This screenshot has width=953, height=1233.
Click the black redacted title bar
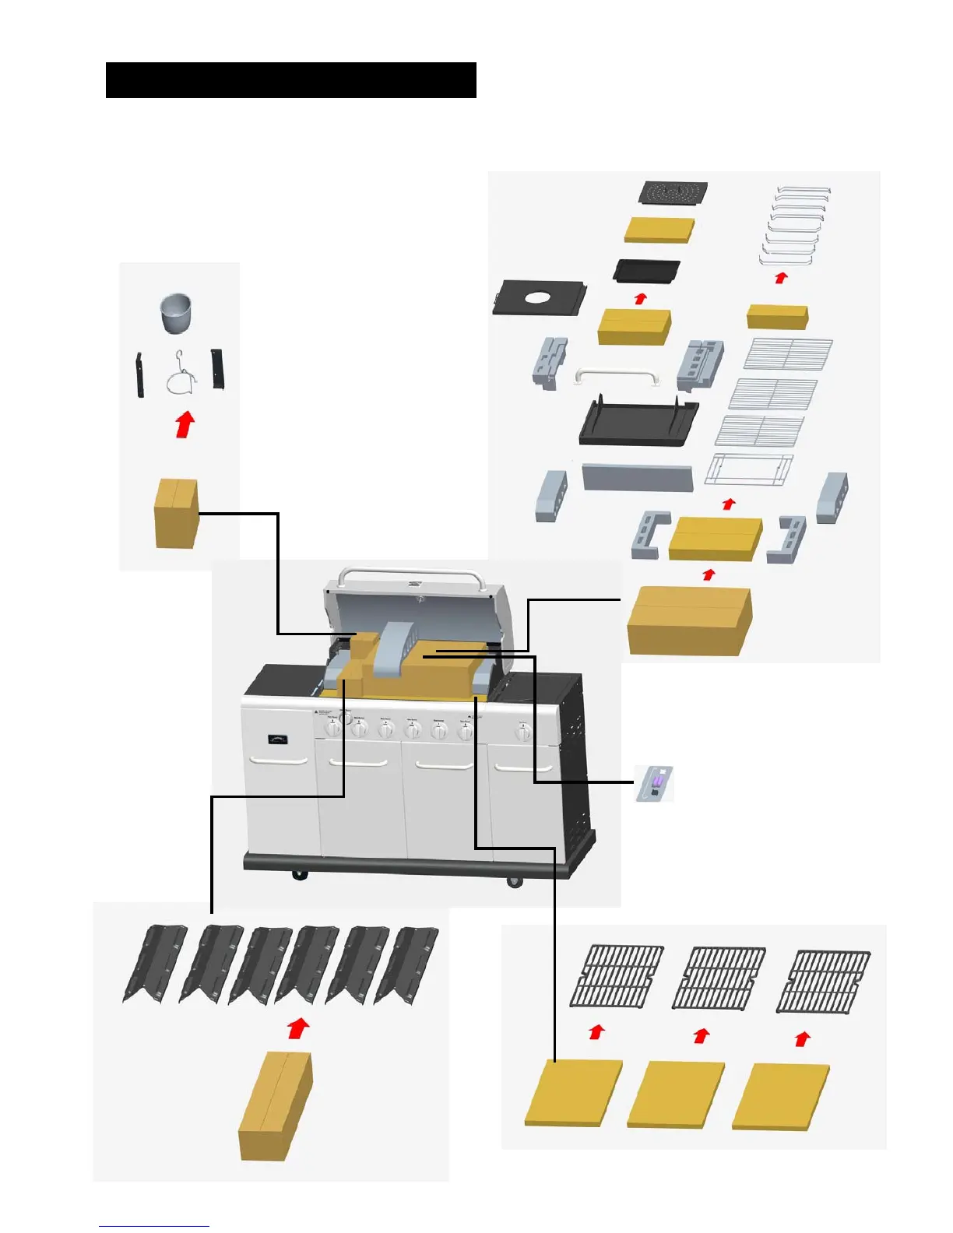tap(290, 80)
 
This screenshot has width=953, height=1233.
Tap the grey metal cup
tap(175, 312)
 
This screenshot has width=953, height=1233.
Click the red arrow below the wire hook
tap(185, 426)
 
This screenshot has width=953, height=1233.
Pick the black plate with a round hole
tap(539, 298)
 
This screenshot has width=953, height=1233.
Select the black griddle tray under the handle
tap(638, 423)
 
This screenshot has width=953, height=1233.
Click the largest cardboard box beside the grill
tap(690, 620)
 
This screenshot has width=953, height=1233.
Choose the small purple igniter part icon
tap(655, 783)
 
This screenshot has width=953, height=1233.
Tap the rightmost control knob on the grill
tap(524, 731)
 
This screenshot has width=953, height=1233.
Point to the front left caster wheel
tap(299, 875)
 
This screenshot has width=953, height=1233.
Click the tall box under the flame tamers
tap(276, 1105)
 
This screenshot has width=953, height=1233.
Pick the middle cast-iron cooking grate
tap(719, 978)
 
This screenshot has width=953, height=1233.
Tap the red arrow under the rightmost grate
tap(803, 1038)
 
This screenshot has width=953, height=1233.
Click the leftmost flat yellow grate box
tap(574, 1092)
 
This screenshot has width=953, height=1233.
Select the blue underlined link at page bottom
tap(154, 1226)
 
